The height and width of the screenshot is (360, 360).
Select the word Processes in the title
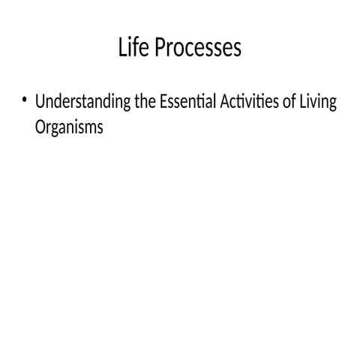point(199,49)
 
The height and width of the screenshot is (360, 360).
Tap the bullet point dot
point(25,100)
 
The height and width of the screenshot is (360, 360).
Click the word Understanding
point(83,102)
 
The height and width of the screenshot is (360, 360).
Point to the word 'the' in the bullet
point(145,101)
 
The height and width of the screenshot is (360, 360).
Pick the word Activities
point(250,101)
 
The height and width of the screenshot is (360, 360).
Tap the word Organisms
point(68,127)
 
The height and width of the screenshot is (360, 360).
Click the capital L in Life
point(122,48)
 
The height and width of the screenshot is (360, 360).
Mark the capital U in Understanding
point(40,101)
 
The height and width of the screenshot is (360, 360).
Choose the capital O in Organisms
point(40,127)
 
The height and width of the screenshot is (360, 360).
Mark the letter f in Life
point(136,47)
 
